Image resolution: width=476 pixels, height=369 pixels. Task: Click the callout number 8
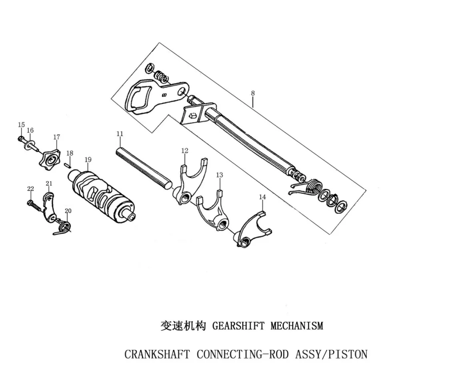pyautogui.click(x=252, y=93)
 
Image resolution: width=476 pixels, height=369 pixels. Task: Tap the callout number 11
pyautogui.click(x=120, y=134)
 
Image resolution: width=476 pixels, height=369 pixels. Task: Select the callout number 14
pyautogui.click(x=262, y=197)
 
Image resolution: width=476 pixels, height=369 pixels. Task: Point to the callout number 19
pyautogui.click(x=88, y=159)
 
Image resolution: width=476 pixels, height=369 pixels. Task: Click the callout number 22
pyautogui.click(x=30, y=189)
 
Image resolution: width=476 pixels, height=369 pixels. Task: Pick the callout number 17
pyautogui.click(x=57, y=137)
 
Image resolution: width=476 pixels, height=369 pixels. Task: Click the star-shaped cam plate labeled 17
pyautogui.click(x=50, y=159)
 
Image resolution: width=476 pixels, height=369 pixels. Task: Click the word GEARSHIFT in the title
pyautogui.click(x=238, y=326)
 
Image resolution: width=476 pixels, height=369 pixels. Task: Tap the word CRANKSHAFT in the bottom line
pyautogui.click(x=157, y=354)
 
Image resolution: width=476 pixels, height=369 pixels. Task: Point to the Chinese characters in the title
pyautogui.click(x=183, y=326)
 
